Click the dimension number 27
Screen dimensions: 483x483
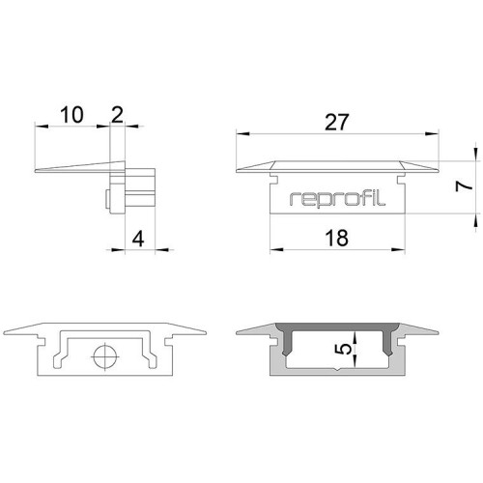(336, 123)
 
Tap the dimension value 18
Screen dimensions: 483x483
(336, 238)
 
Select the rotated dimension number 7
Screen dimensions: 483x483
(464, 186)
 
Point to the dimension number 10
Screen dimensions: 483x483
(71, 115)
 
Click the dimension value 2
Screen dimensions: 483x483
(117, 115)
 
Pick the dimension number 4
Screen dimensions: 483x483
(138, 240)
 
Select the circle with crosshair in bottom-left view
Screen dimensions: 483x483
(105, 356)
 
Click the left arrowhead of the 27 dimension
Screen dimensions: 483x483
(242, 133)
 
